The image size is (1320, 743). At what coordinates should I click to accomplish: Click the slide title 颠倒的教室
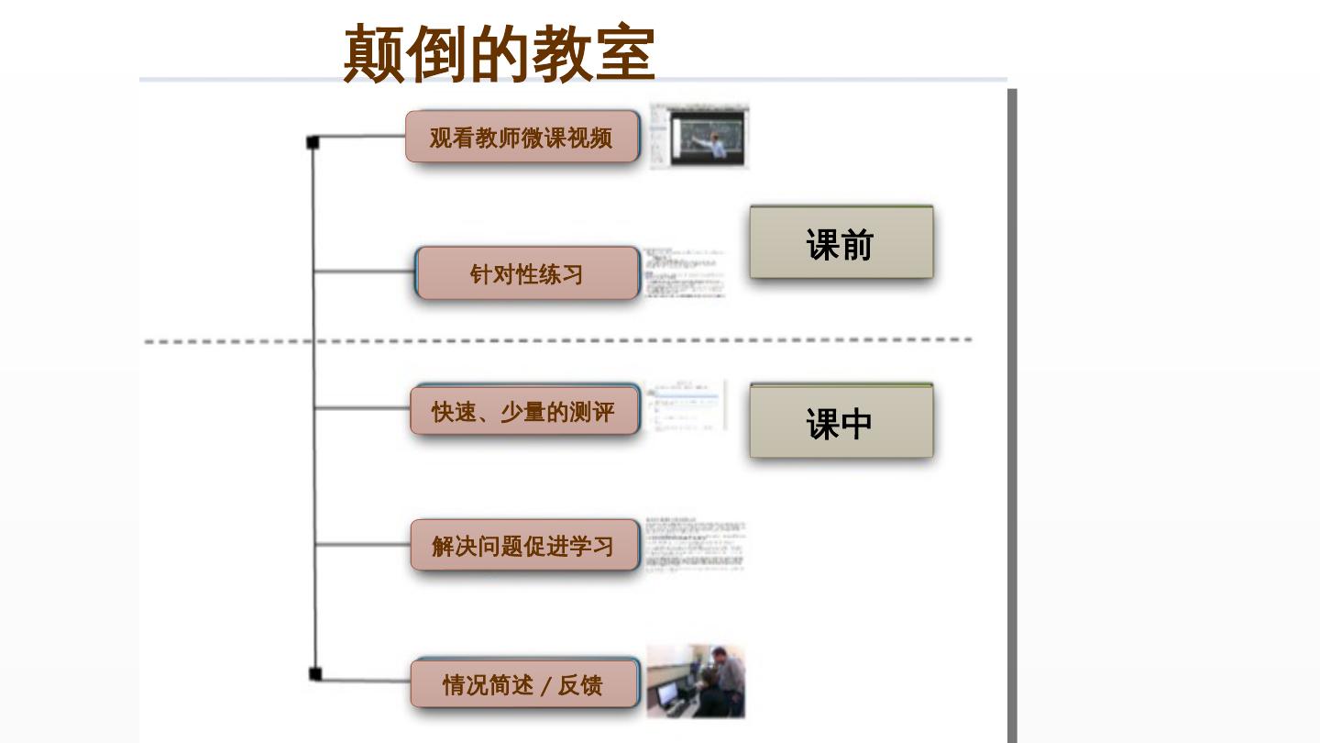pyautogui.click(x=499, y=53)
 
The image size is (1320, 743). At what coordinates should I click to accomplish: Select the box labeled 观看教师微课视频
pyautogui.click(x=522, y=138)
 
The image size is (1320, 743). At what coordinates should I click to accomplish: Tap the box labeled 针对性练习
pyautogui.click(x=526, y=273)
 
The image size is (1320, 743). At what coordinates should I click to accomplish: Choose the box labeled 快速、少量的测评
pyautogui.click(x=523, y=411)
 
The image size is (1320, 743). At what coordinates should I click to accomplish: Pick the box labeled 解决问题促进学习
pyautogui.click(x=523, y=546)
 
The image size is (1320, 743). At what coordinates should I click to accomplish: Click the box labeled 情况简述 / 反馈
pyautogui.click(x=523, y=683)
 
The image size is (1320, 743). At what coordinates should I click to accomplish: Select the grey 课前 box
pyautogui.click(x=841, y=243)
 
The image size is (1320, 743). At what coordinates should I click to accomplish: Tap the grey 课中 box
pyautogui.click(x=841, y=422)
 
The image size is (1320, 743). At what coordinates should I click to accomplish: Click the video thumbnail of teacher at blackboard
pyautogui.click(x=699, y=136)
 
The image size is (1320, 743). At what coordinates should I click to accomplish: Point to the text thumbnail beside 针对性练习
pyautogui.click(x=684, y=272)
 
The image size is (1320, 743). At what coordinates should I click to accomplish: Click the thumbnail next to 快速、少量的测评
pyautogui.click(x=684, y=405)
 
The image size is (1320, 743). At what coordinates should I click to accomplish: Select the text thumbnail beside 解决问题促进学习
pyautogui.click(x=695, y=545)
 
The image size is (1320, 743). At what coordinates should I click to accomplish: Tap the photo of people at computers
pyautogui.click(x=696, y=681)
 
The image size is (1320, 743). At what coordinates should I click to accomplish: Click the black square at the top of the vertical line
pyautogui.click(x=313, y=142)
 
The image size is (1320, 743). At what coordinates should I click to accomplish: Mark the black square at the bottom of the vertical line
pyautogui.click(x=315, y=674)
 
